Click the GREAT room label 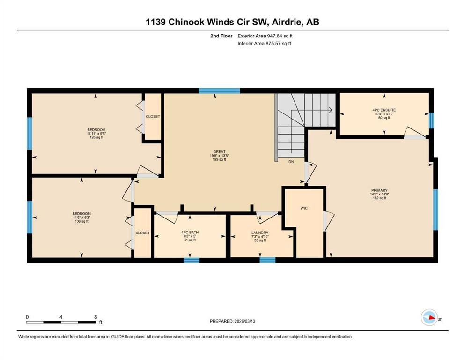[219, 152]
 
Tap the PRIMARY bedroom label [379, 190]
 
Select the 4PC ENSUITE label [384, 110]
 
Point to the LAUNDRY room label [260, 232]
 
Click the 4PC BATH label [190, 232]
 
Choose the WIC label [304, 208]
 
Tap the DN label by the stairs [291, 162]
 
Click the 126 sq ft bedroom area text [96, 137]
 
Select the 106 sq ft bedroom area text [81, 221]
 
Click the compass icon [429, 317]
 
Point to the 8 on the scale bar [96, 317]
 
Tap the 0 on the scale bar [27, 317]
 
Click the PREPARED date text [232, 321]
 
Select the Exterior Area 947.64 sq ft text [265, 36]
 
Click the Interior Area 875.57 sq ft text [264, 43]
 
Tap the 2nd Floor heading [221, 36]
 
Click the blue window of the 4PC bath [191, 260]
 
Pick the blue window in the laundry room [267, 260]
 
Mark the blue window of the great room [219, 91]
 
